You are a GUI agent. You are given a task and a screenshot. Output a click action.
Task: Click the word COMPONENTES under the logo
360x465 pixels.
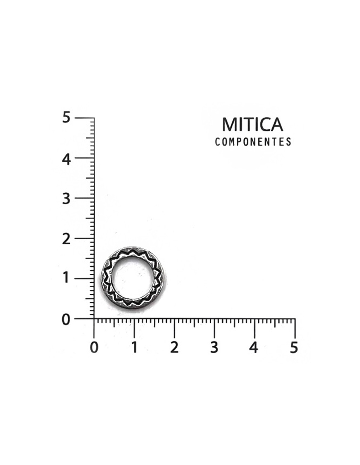(x=253, y=142)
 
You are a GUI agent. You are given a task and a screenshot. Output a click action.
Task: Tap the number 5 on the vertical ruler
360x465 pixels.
(x=66, y=118)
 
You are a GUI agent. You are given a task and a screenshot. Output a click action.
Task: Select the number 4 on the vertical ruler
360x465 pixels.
(x=66, y=160)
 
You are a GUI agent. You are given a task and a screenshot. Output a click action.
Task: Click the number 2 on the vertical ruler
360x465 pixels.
(x=66, y=239)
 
